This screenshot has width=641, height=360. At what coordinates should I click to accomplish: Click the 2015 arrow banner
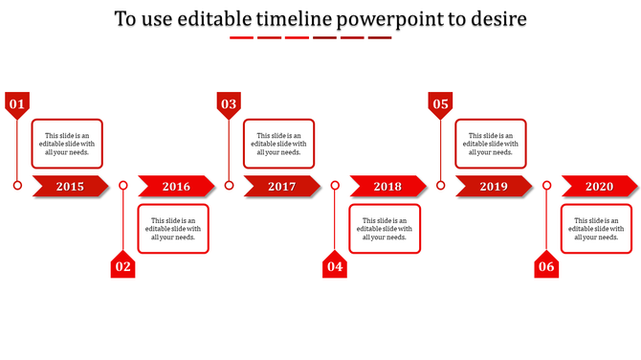tap(71, 187)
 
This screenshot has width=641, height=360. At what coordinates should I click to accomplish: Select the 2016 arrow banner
tap(176, 187)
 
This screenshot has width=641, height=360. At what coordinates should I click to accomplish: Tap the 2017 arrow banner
tap(282, 187)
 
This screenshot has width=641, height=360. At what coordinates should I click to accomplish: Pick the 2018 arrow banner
tap(387, 187)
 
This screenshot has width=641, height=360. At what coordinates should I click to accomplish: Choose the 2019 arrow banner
tap(494, 187)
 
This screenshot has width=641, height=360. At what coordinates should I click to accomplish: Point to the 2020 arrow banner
tap(599, 187)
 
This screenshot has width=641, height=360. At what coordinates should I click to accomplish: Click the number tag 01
tap(17, 103)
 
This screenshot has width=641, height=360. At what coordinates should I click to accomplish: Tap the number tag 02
tap(122, 266)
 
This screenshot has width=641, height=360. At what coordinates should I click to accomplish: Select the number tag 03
tap(229, 103)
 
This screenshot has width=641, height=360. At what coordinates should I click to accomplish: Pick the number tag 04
tap(334, 266)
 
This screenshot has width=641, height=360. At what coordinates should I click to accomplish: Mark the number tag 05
tap(440, 103)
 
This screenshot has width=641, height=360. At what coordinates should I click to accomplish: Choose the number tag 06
tap(545, 266)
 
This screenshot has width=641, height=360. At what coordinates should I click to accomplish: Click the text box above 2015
tap(67, 144)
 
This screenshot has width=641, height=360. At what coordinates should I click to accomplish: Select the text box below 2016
tap(173, 229)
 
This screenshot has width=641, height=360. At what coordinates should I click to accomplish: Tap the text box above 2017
tap(279, 144)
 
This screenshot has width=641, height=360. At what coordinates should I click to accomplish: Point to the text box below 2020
tap(596, 229)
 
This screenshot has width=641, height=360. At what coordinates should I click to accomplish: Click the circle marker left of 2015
tap(17, 186)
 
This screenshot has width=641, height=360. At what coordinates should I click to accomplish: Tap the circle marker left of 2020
tap(546, 186)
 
